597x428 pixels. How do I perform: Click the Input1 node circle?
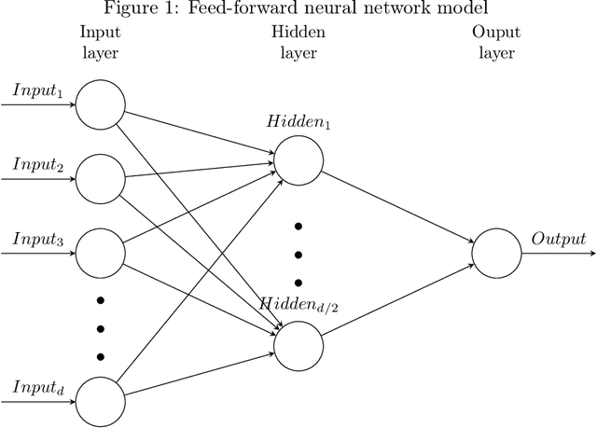pyautogui.click(x=100, y=104)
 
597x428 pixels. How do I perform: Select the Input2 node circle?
pyautogui.click(x=100, y=177)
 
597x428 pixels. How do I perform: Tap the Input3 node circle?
pyautogui.click(x=100, y=251)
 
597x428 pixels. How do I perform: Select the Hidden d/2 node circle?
pyautogui.click(x=298, y=344)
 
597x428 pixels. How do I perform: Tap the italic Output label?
pyautogui.click(x=559, y=239)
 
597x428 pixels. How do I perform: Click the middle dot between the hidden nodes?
pyautogui.click(x=298, y=255)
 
